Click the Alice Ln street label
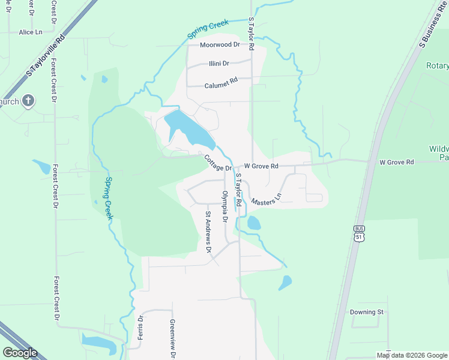click(31, 32)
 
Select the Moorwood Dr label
click(220, 45)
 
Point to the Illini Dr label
click(219, 64)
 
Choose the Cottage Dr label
click(217, 163)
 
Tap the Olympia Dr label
click(225, 206)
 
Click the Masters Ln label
click(267, 199)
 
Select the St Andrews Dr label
click(208, 232)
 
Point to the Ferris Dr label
click(140, 327)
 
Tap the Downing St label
click(367, 312)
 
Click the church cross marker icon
click(28, 101)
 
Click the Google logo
click(20, 353)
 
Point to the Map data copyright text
click(412, 355)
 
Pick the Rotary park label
click(437, 65)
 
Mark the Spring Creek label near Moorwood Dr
click(208, 31)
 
